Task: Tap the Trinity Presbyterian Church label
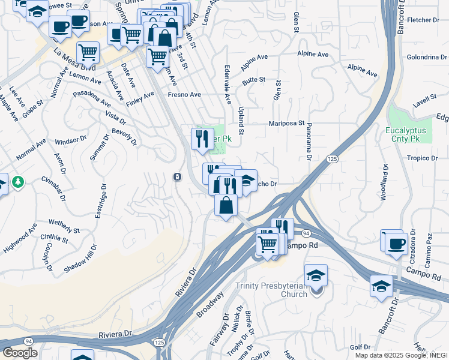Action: [271, 290]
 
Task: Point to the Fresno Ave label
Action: [184, 95]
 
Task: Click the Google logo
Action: [20, 353]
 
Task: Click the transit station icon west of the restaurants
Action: [178, 176]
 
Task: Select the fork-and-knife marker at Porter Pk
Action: [202, 139]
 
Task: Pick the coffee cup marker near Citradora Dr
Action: [396, 244]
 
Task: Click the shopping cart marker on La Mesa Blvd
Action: [88, 52]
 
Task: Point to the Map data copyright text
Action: [400, 355]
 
